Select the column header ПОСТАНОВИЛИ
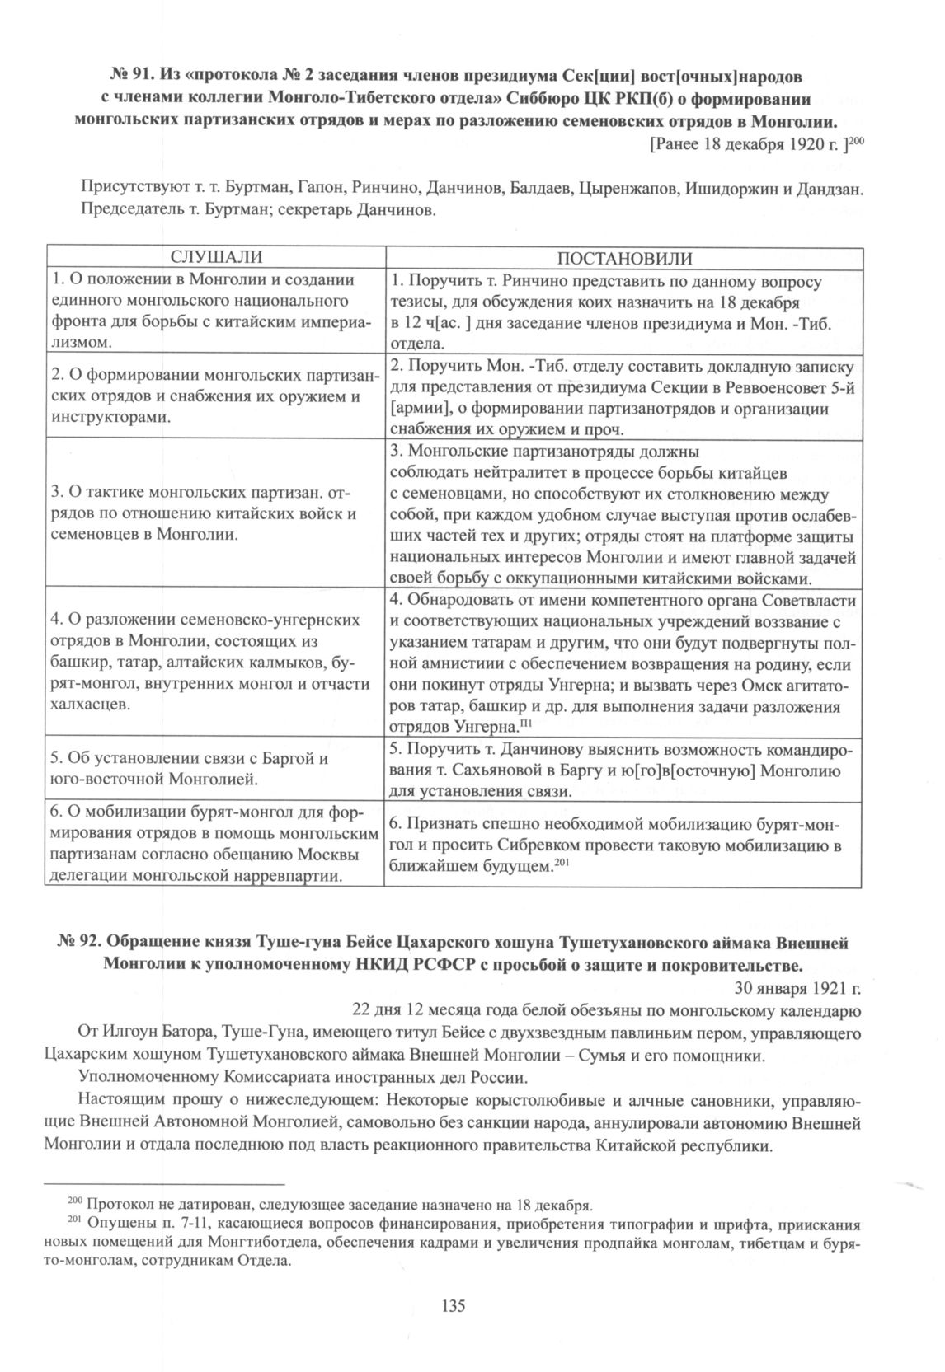click(x=624, y=259)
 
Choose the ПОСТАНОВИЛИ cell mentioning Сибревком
click(x=624, y=845)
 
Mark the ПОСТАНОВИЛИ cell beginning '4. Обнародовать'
click(x=624, y=663)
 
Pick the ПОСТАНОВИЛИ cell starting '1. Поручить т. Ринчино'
click(x=624, y=311)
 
